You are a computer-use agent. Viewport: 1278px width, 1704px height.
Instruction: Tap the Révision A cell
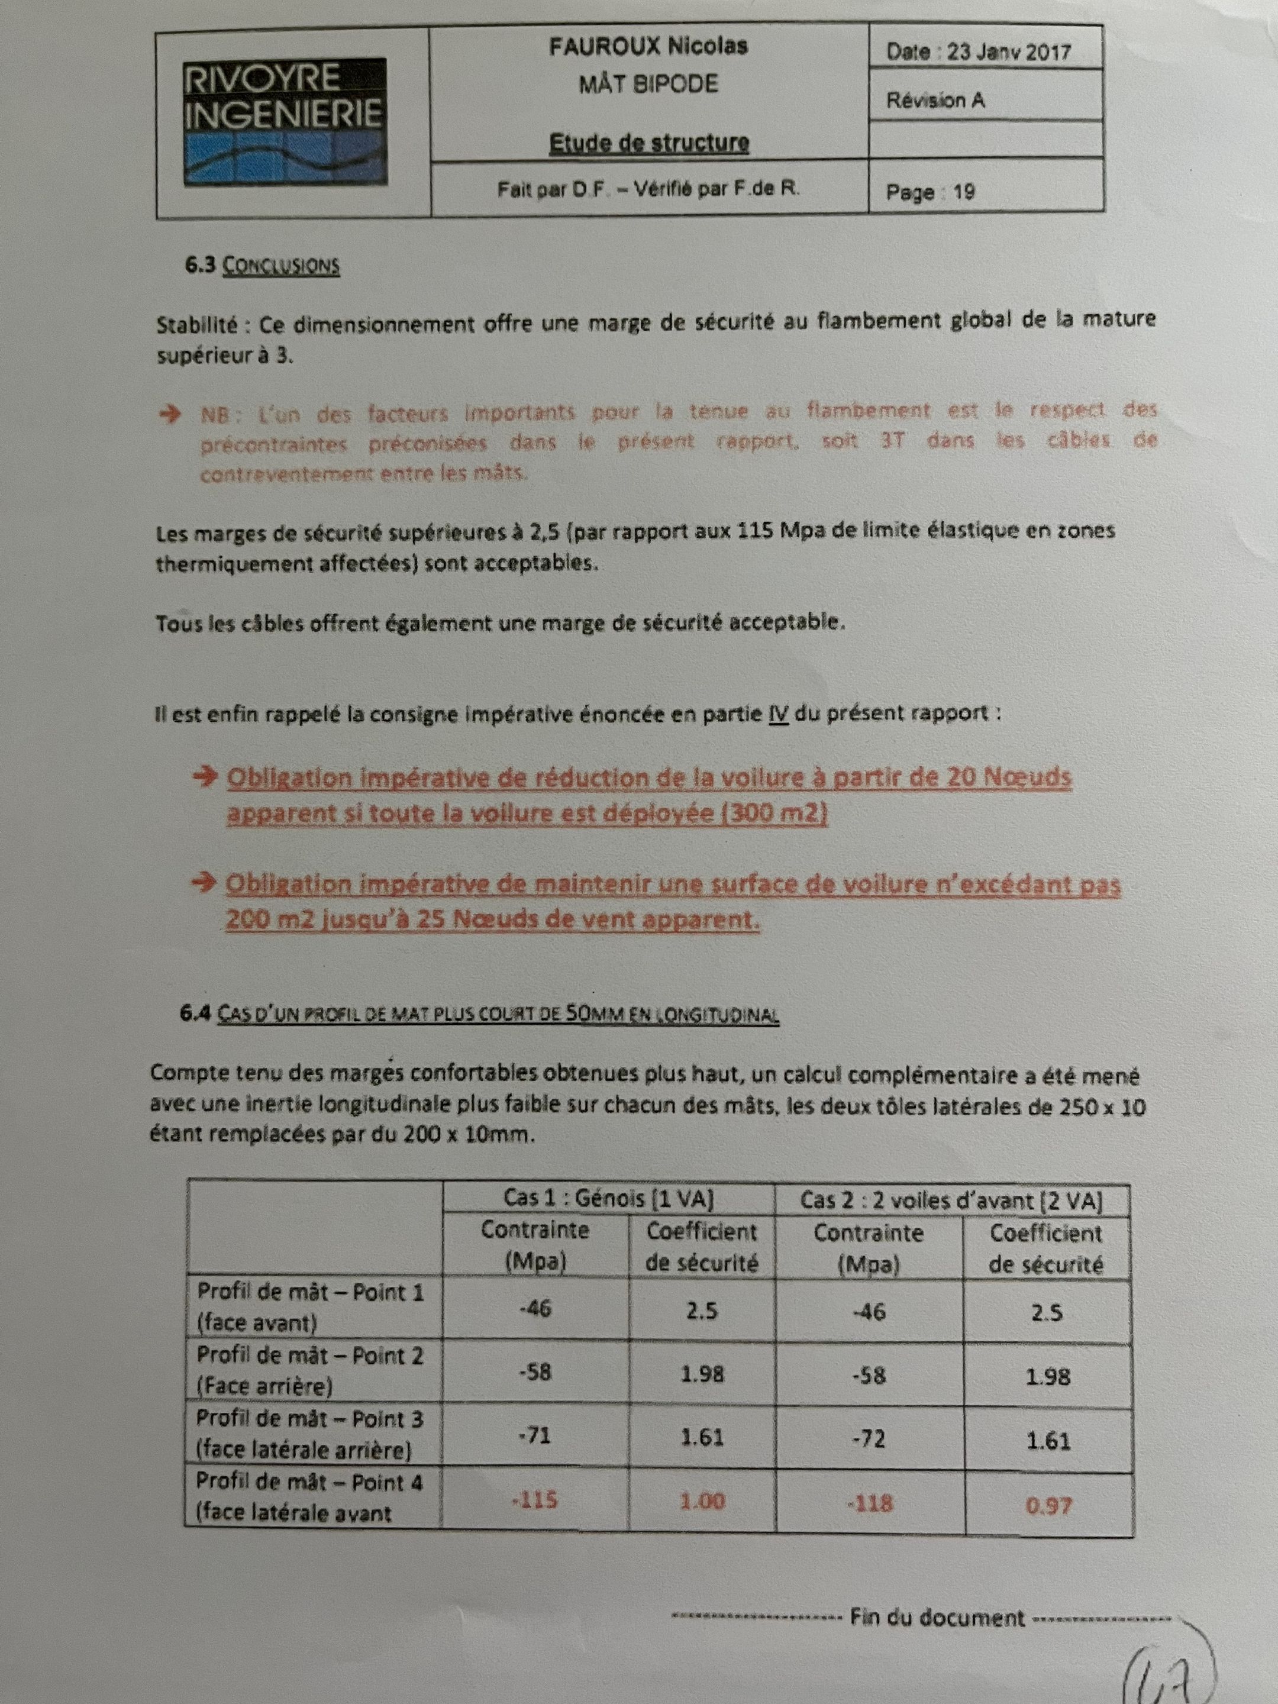(x=935, y=100)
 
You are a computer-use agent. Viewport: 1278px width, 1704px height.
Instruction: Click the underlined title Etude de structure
(x=648, y=143)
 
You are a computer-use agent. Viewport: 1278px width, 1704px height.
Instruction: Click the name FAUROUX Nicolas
(x=648, y=46)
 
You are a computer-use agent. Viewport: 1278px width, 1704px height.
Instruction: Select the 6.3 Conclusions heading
(x=262, y=266)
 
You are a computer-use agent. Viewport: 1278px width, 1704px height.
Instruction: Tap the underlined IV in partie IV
(x=778, y=714)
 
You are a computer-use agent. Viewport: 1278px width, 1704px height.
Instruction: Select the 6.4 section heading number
(x=194, y=1013)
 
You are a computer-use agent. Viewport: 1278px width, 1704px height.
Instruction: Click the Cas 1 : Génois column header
(x=609, y=1198)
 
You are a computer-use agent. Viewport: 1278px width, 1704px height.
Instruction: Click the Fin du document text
(x=937, y=1618)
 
